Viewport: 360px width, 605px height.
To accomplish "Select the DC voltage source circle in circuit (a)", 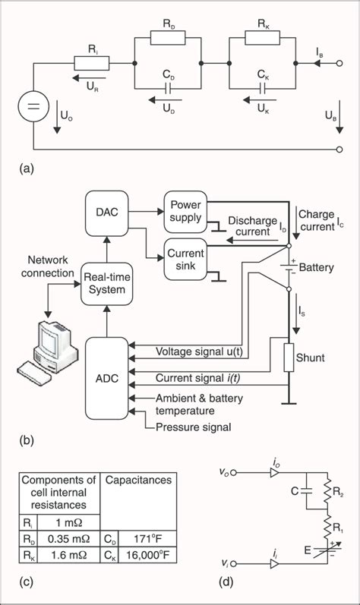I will point(35,108).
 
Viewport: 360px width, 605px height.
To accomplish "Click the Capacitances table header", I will point(136,480).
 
